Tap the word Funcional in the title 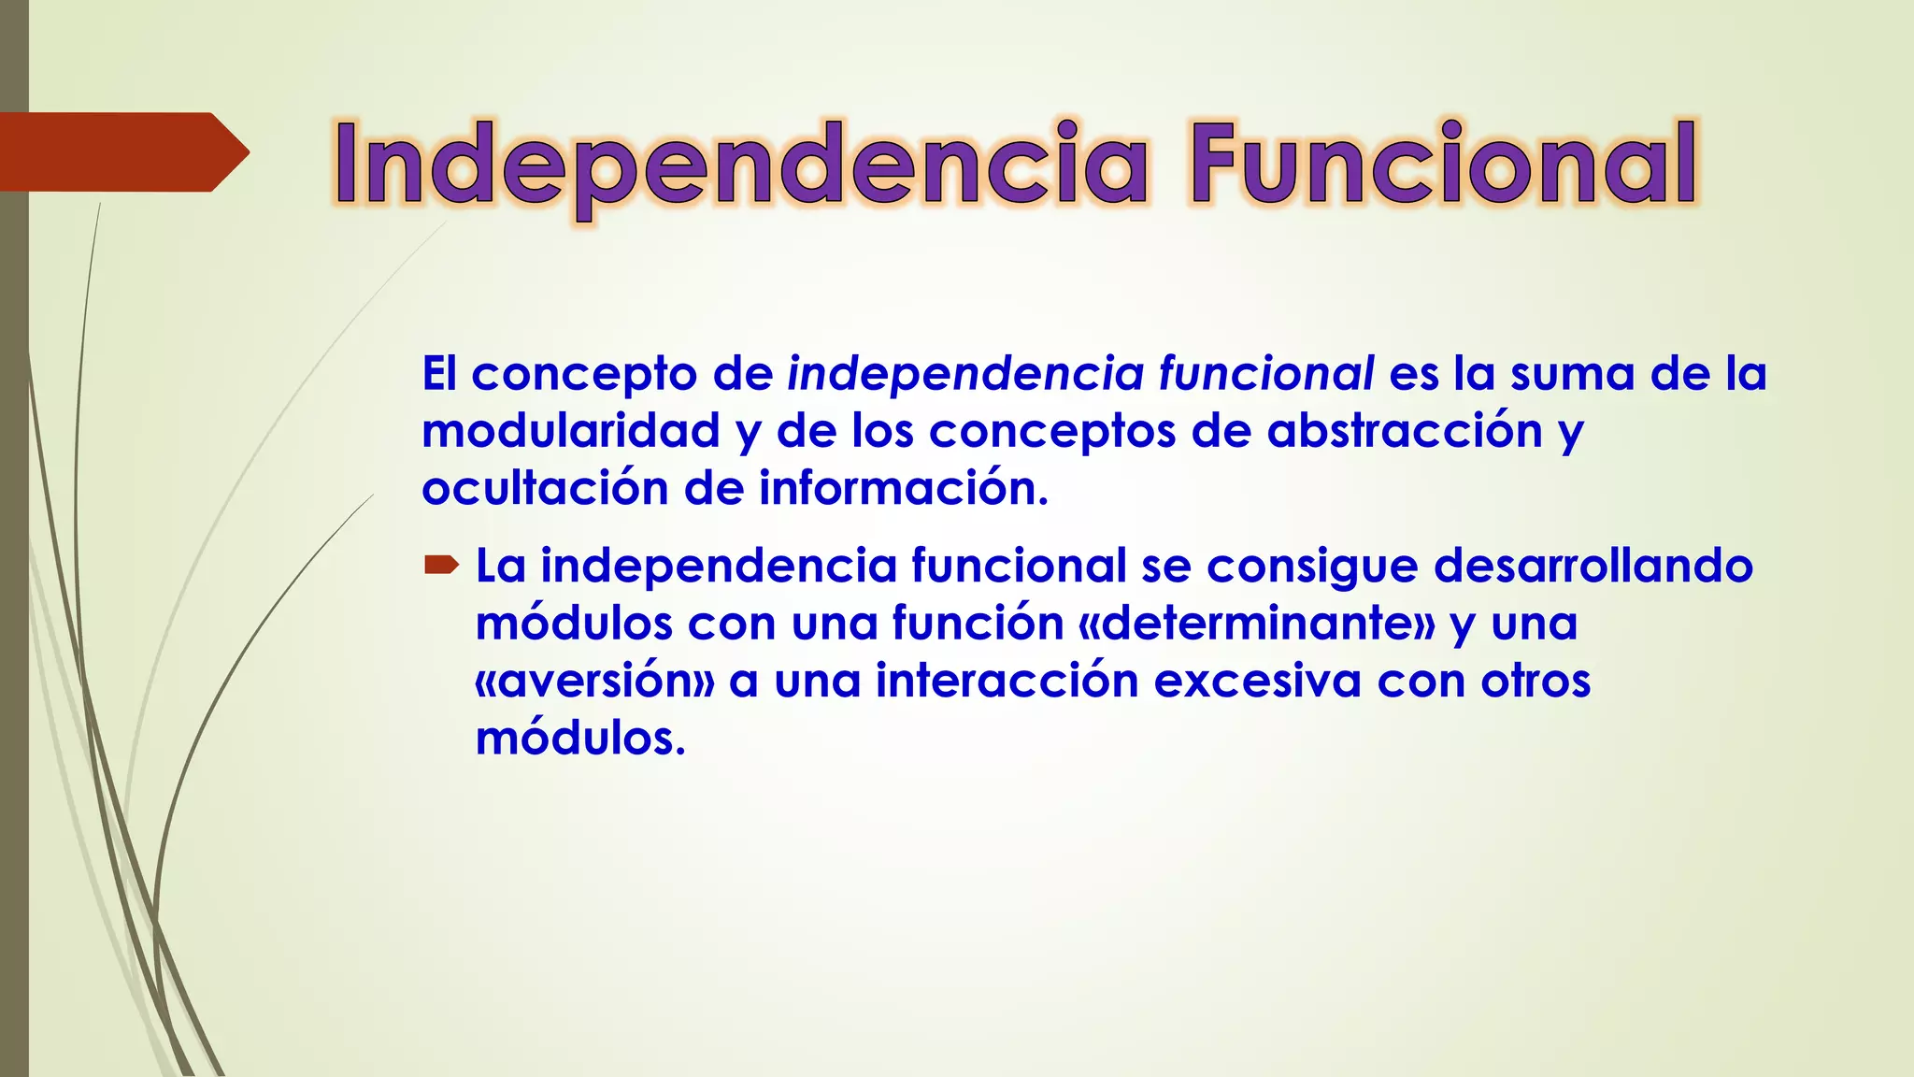coord(1443,165)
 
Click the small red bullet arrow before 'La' coord(441,564)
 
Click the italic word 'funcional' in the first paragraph coord(1265,374)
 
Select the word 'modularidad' coord(570,431)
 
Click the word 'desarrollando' coord(1593,566)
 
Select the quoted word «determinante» coord(1256,624)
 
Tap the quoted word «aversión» coord(594,681)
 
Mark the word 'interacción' coord(1007,681)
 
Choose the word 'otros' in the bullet coord(1535,681)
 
